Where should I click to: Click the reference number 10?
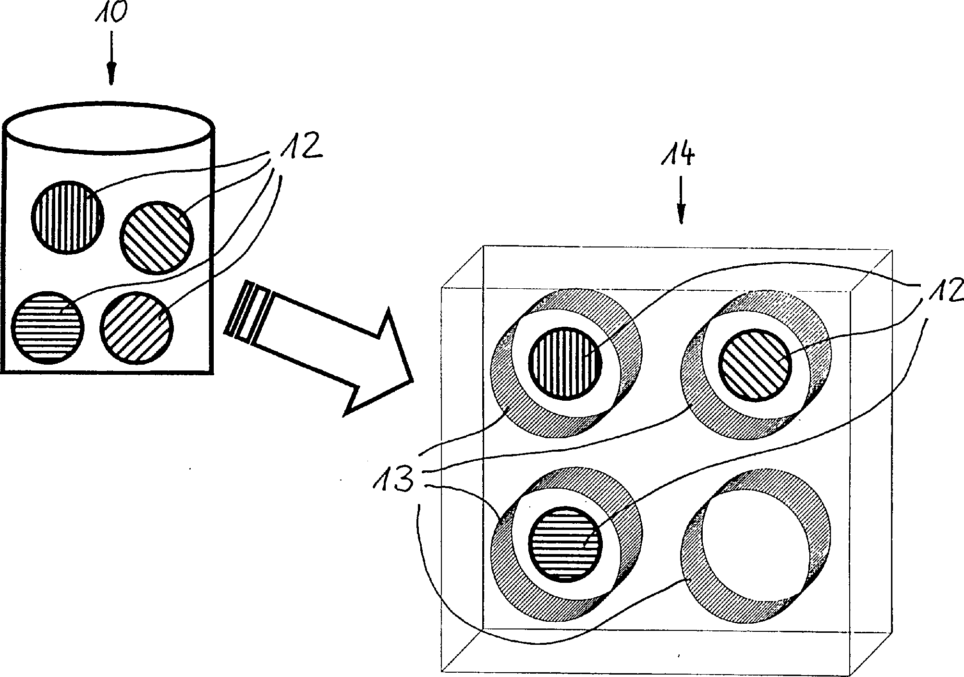(112, 13)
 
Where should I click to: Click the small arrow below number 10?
(112, 58)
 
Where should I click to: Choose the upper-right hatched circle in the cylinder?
(157, 238)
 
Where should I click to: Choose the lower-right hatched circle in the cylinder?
(136, 328)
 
